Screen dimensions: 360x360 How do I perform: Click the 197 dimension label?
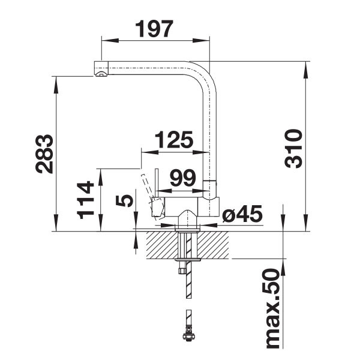point(154,29)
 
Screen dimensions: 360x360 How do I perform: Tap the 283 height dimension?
point(44,154)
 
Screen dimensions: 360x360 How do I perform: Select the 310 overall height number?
point(293,149)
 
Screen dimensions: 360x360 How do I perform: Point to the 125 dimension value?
point(174,140)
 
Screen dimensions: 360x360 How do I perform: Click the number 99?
point(183,178)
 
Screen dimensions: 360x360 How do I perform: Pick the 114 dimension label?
point(85,200)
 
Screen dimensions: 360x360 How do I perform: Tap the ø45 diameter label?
point(242,214)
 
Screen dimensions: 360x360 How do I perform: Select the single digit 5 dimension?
point(124,200)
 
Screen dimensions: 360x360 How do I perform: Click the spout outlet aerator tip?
point(101,74)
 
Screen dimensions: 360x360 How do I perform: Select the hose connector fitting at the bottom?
point(189,336)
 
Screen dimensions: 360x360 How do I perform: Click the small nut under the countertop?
point(182,270)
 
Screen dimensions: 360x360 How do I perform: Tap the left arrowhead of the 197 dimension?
point(110,41)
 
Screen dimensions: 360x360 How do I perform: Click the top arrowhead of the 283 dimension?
point(56,85)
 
